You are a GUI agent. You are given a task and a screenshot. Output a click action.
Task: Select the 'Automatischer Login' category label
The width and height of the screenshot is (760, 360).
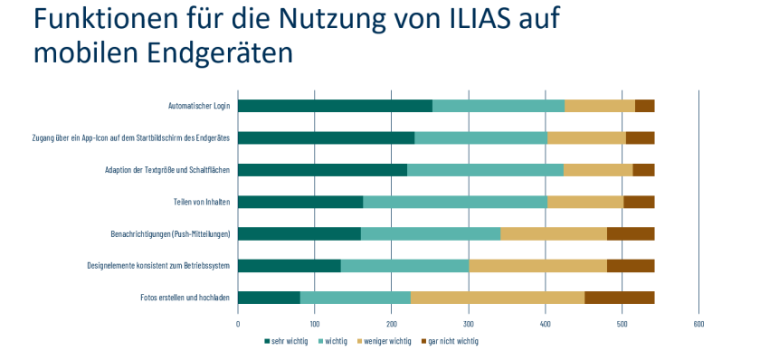click(x=199, y=106)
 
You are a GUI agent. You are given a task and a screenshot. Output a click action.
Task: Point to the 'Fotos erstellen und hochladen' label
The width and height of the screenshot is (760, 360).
click(x=185, y=298)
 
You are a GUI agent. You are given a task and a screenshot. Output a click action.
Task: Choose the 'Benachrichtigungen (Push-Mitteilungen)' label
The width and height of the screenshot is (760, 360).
click(x=170, y=234)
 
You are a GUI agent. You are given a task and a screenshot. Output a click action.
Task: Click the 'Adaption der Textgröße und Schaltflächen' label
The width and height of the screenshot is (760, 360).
click(x=167, y=170)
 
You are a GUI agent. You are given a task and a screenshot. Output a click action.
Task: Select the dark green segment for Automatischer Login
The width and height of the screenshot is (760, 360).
click(x=335, y=106)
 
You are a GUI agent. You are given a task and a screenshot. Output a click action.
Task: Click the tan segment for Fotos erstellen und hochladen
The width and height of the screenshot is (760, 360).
click(x=498, y=298)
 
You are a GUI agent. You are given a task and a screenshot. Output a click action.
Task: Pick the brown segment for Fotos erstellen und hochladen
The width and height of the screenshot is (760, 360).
click(x=619, y=298)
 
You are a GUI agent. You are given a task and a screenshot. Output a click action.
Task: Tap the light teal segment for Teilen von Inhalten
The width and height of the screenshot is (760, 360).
click(x=455, y=202)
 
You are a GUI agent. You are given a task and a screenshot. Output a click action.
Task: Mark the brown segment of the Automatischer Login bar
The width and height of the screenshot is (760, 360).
click(x=644, y=106)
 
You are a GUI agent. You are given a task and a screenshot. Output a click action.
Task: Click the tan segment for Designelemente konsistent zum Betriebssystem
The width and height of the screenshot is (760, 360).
click(x=537, y=266)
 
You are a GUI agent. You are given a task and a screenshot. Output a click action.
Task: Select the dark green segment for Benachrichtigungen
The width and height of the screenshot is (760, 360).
click(x=299, y=234)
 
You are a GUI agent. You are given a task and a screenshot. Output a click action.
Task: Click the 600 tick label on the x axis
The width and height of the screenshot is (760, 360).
click(x=698, y=323)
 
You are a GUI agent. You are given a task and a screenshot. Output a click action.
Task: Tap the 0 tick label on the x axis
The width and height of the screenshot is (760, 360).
click(x=238, y=323)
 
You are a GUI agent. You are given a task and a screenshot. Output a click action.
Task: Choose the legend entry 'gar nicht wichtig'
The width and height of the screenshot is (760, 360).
click(x=452, y=341)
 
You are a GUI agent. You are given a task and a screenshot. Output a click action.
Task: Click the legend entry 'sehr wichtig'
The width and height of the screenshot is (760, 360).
click(x=287, y=341)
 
